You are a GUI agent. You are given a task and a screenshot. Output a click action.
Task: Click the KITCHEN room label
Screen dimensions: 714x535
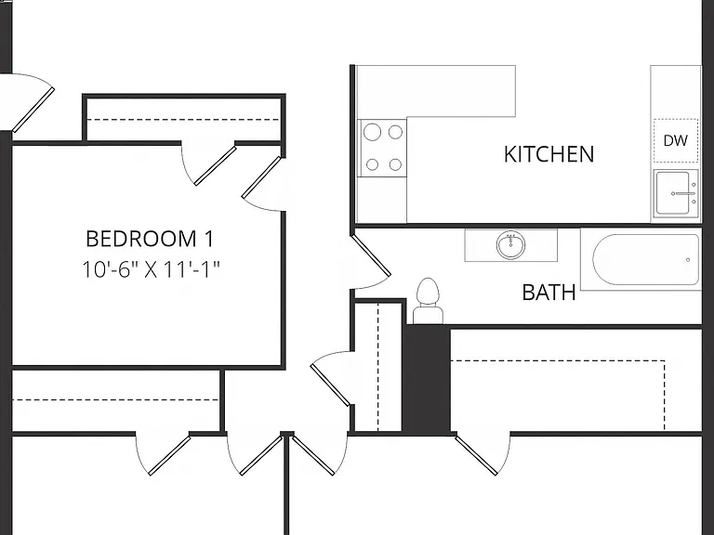click(x=549, y=154)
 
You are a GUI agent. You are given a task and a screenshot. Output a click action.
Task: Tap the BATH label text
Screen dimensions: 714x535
click(x=549, y=293)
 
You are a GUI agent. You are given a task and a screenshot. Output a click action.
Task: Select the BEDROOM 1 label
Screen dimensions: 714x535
click(x=150, y=239)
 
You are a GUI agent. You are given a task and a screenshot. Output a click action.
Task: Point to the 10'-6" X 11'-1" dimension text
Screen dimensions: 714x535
click(x=151, y=269)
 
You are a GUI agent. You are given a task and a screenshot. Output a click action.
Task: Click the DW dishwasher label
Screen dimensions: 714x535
click(x=675, y=140)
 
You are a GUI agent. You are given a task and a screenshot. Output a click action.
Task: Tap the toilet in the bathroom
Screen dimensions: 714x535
click(x=428, y=301)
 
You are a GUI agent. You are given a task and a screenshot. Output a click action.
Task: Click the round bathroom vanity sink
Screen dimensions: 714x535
click(x=510, y=245)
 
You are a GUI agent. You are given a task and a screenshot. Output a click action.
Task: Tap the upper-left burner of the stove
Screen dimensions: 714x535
click(x=372, y=133)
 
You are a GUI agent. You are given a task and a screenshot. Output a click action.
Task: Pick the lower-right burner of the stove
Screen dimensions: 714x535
click(x=395, y=164)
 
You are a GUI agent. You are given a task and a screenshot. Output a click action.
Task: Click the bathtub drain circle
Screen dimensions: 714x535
click(x=688, y=260)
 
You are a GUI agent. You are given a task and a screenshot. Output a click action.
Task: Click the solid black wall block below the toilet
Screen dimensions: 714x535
click(x=427, y=379)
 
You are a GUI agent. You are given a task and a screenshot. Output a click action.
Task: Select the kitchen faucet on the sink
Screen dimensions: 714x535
click(x=683, y=193)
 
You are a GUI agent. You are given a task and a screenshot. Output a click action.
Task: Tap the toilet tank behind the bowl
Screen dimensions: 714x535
click(x=428, y=315)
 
